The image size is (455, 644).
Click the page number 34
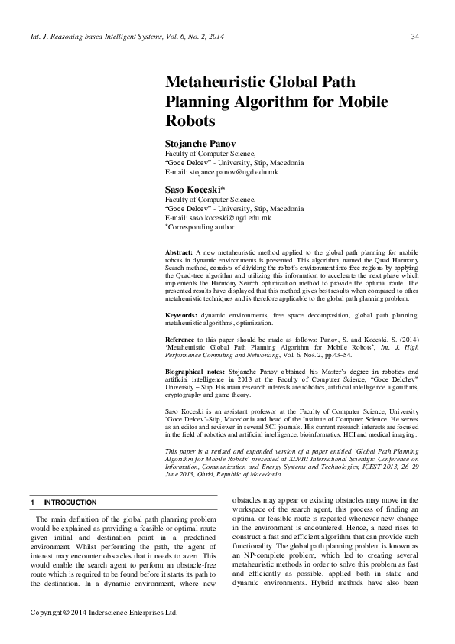point(414,36)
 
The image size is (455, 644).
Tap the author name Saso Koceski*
point(195,188)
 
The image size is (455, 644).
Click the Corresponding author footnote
point(201,227)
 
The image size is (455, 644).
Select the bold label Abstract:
point(179,252)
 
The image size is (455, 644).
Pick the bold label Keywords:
point(182,315)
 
